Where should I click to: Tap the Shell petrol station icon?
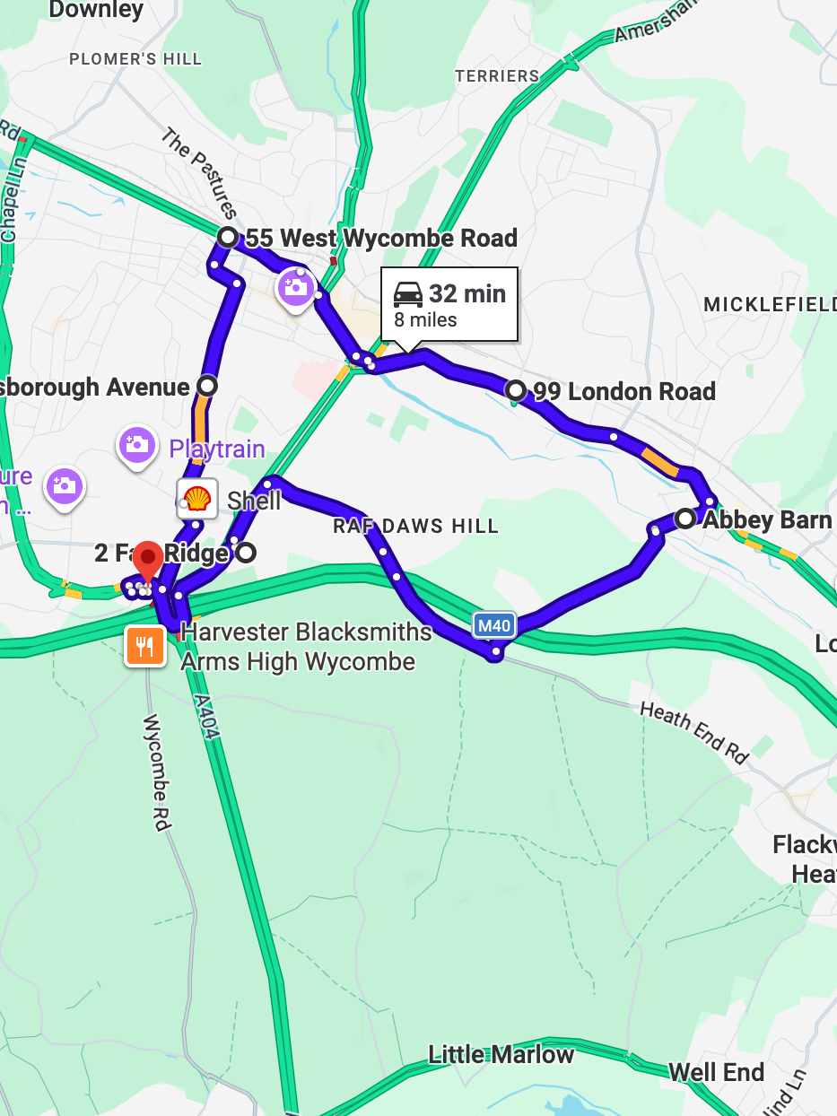pyautogui.click(x=197, y=499)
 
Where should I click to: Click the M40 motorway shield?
pyautogui.click(x=493, y=624)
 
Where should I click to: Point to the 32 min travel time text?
pyautogui.click(x=466, y=294)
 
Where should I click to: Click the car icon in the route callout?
pyautogui.click(x=408, y=294)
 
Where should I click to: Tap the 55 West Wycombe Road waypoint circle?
pyautogui.click(x=229, y=238)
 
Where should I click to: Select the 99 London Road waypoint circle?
pyautogui.click(x=516, y=390)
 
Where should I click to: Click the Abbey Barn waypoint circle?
pyautogui.click(x=685, y=519)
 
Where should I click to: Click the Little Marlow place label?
pyautogui.click(x=501, y=1055)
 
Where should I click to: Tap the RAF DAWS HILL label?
pyautogui.click(x=415, y=527)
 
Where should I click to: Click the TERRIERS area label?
pyautogui.click(x=497, y=76)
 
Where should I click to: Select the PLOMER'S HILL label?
pyautogui.click(x=135, y=59)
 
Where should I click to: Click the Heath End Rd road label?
pyautogui.click(x=694, y=732)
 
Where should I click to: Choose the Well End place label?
pyautogui.click(x=716, y=1073)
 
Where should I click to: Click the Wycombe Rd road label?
pyautogui.click(x=156, y=772)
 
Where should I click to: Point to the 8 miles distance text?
pyautogui.click(x=425, y=320)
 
